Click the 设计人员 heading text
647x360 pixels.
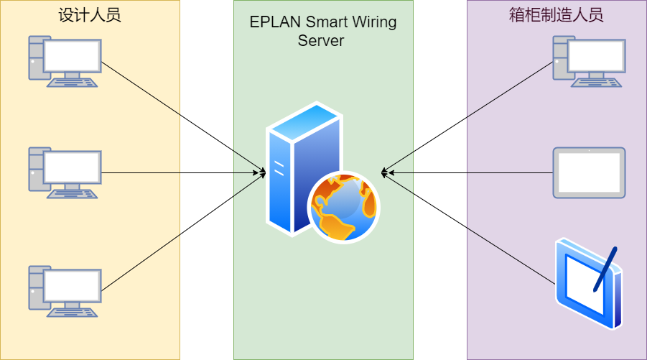90,15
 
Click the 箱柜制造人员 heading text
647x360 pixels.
557,15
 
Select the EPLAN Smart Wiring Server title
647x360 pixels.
322,31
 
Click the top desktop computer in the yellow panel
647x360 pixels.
65,61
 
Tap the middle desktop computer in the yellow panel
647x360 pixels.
65,173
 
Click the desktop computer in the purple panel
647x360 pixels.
588,61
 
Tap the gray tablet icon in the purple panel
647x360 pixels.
589,172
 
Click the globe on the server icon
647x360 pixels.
343,208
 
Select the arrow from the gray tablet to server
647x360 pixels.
467,172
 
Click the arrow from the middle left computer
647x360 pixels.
180,172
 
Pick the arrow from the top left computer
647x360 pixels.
180,115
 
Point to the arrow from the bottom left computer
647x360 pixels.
180,231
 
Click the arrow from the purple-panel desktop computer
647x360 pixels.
467,117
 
